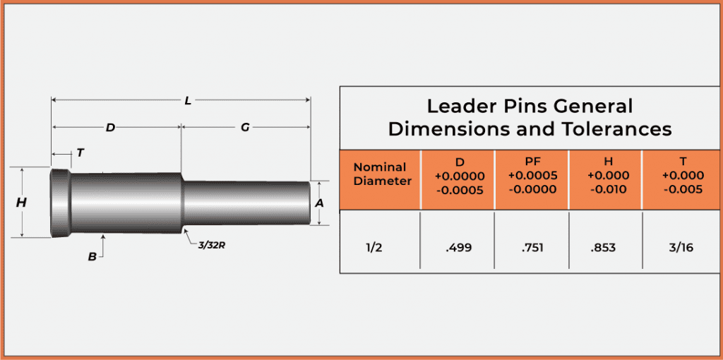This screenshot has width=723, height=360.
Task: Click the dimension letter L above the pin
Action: coord(188,101)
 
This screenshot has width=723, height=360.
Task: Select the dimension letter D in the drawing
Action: coord(110,128)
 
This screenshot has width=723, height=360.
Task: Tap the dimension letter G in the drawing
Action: coord(245,128)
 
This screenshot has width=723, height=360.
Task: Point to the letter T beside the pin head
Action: coord(80,152)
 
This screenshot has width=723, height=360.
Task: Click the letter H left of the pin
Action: coord(21,203)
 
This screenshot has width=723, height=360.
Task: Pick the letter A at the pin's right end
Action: coord(319,203)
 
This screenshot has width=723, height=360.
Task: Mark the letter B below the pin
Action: coord(92,257)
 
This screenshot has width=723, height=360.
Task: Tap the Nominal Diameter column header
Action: coord(380,174)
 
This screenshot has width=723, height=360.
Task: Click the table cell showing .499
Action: coord(458,248)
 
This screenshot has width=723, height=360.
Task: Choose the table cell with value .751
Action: coord(532,248)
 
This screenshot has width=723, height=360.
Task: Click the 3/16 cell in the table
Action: coord(680,248)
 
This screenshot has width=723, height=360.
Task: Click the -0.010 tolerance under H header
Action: coord(606,189)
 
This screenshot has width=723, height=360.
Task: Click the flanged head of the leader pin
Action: coord(60,203)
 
